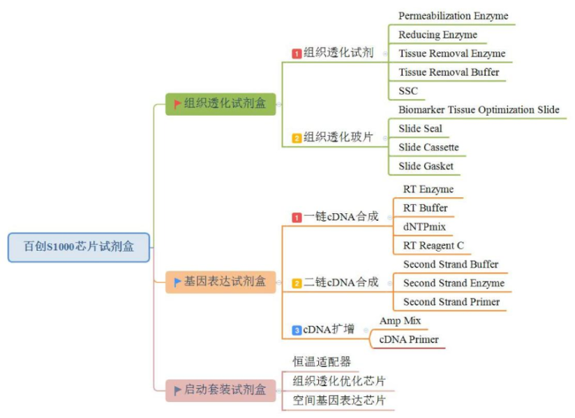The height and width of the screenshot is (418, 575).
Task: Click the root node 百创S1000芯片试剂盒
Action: pos(79,247)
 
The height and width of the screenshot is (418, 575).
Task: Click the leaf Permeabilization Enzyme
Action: pos(453,15)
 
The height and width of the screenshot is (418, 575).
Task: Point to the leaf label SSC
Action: pos(408,91)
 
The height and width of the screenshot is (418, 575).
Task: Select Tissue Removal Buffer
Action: pos(449,72)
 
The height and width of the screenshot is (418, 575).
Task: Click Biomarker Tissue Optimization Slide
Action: pos(479,109)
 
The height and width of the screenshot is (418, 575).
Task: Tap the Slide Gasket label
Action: pos(426,166)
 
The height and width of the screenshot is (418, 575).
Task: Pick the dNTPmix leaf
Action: pos(424,226)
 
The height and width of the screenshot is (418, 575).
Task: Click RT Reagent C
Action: pos(433,245)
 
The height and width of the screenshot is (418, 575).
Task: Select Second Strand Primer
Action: pos(451,302)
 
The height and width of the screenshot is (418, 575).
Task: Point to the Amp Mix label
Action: pos(400,320)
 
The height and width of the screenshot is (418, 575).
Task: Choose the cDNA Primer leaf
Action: pos(409,339)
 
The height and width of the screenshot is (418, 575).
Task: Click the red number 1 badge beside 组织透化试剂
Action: pos(297,54)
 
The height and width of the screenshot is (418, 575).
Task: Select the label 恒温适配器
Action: pos(321,362)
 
